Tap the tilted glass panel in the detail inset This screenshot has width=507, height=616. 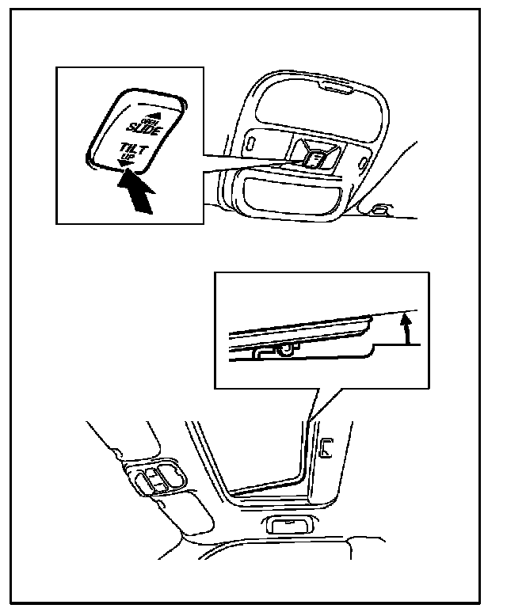tap(301, 329)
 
